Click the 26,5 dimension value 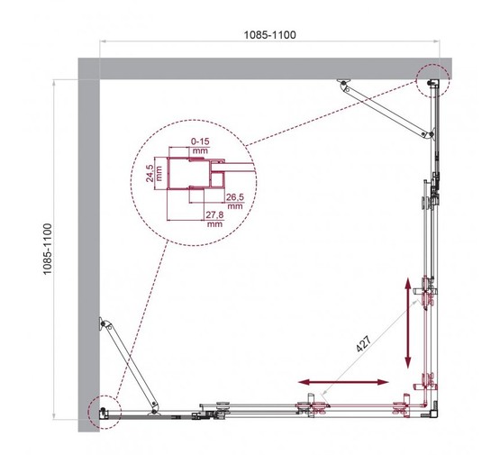pyautogui.click(x=234, y=196)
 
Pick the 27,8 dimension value pyautogui.click(x=214, y=214)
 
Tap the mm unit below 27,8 pyautogui.click(x=214, y=225)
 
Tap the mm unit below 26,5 pyautogui.click(x=234, y=206)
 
